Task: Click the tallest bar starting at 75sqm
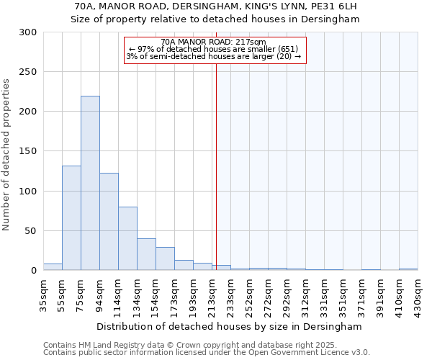(90, 184)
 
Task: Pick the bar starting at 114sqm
(127, 238)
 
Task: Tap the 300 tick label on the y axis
(28, 32)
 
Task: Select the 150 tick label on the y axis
(28, 152)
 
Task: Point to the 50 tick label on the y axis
(31, 231)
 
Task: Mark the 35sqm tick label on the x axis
(43, 294)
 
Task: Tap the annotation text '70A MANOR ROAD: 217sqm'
(214, 42)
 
